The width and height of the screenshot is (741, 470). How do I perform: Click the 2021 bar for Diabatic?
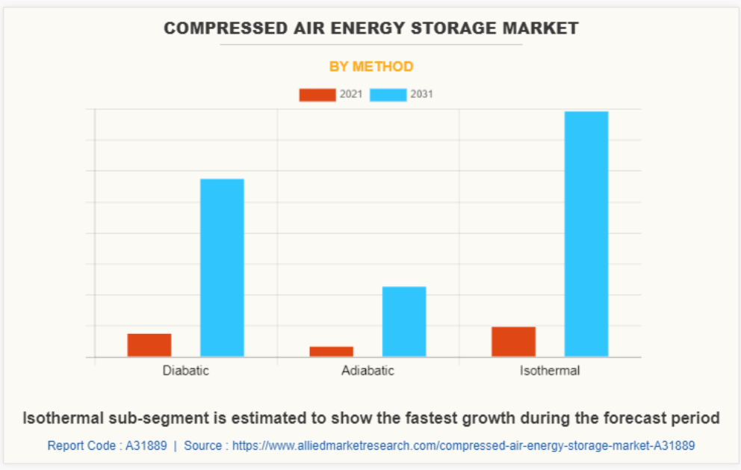point(149,345)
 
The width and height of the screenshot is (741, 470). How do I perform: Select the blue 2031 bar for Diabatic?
point(222,268)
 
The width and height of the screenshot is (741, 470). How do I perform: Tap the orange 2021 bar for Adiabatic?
point(331,351)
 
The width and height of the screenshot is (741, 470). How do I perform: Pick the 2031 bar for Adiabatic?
point(404,321)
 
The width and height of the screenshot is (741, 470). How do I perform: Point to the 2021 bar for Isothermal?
point(513,341)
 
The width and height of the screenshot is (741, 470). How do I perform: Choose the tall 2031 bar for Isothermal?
point(586,234)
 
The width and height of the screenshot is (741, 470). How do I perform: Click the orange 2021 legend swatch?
point(317,95)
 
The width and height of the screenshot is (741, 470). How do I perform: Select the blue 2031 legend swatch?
point(388,95)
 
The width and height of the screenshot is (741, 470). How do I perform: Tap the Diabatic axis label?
point(186,371)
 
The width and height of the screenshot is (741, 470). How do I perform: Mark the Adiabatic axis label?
point(368,371)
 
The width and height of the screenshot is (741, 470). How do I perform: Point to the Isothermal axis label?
point(550,371)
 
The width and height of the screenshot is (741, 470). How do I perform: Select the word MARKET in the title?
point(542,28)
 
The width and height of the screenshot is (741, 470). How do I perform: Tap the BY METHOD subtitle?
point(371,67)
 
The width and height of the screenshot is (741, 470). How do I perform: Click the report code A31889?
point(146,445)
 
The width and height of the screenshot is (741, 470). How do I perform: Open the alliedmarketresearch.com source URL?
point(463,445)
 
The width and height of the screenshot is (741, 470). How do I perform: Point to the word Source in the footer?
point(203,445)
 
